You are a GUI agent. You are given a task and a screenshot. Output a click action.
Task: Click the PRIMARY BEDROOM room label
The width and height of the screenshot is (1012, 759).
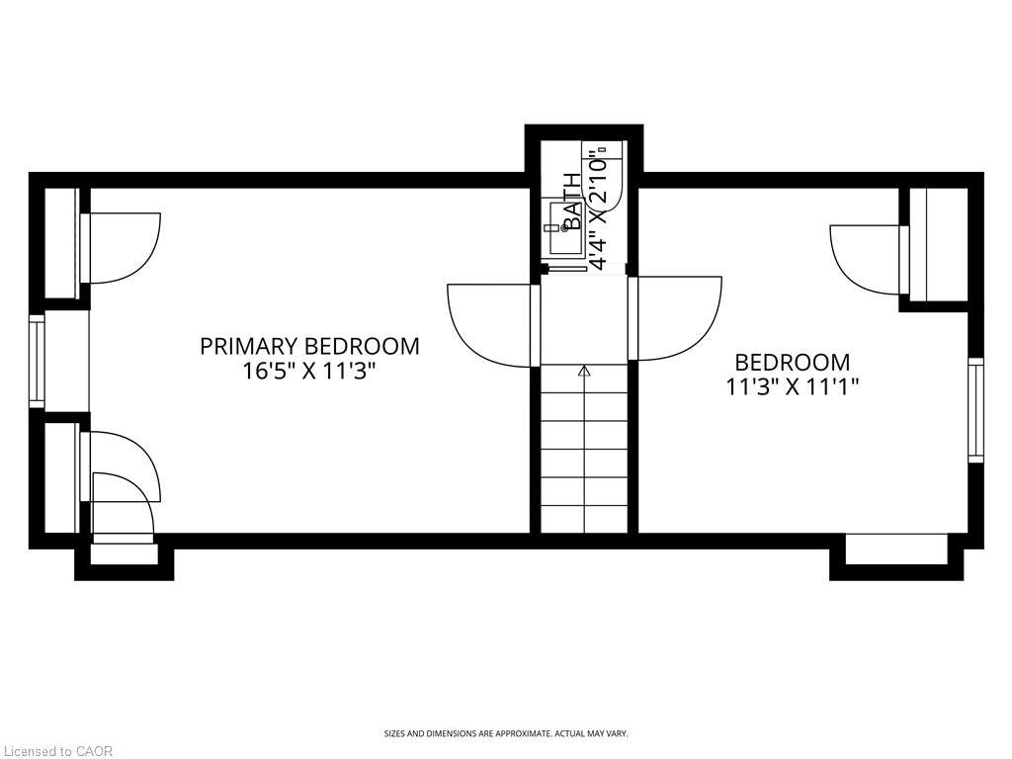click(309, 346)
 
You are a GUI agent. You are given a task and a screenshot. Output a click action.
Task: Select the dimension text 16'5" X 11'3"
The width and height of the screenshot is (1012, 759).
click(309, 372)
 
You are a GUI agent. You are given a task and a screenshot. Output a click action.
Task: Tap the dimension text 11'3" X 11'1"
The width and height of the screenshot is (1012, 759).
click(792, 386)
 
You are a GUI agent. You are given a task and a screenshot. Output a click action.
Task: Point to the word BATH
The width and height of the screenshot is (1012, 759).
click(572, 201)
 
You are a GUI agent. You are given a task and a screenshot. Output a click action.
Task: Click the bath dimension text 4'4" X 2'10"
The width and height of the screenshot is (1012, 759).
click(598, 210)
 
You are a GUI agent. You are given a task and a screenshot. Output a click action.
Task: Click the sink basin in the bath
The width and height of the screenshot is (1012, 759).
click(560, 228)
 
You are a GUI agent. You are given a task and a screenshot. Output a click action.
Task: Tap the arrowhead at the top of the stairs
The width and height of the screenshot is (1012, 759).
click(584, 372)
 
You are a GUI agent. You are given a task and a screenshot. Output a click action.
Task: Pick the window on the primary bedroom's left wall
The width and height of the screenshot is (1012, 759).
click(37, 361)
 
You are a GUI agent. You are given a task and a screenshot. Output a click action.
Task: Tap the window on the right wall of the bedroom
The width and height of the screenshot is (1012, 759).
click(975, 410)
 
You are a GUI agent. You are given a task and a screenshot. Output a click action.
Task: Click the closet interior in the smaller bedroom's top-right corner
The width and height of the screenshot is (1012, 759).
click(939, 244)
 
